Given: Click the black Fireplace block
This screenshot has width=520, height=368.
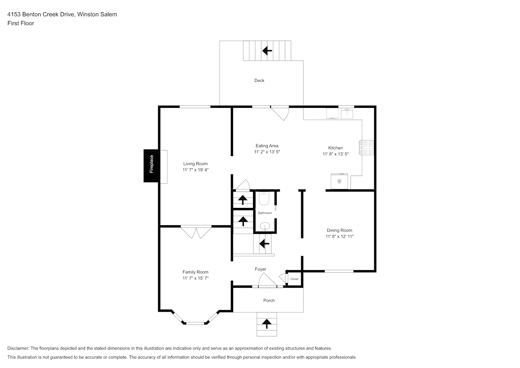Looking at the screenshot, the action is tap(152, 166).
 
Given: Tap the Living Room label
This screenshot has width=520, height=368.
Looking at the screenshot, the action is tap(195, 163).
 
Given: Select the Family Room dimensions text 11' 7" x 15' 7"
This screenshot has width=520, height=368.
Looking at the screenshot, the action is tap(196, 278).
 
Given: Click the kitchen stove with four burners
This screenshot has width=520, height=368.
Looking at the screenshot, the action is tap(367, 148).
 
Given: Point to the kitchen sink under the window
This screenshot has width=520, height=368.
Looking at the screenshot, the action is tap(347, 114).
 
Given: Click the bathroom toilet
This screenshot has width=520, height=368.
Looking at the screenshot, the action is tap(264, 198).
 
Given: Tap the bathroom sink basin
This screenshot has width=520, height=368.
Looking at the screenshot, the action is tap(265, 226).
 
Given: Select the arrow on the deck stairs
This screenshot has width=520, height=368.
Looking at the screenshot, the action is tap(267, 50).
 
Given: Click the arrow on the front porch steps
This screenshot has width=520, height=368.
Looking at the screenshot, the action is tap(267, 324).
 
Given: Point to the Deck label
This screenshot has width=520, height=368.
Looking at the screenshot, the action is tap(259, 80).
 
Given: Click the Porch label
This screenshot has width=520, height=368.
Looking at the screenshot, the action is tap(269, 300).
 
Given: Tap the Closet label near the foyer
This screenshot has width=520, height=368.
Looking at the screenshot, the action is tap(294, 279).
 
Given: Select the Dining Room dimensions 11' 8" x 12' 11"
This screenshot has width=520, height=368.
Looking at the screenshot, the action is tap(339, 236).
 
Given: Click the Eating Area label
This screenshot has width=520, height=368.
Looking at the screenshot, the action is tap(267, 146).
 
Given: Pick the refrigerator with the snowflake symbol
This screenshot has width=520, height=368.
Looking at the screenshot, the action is tap(339, 181).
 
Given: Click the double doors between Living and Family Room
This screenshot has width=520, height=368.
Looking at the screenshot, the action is tap(196, 231).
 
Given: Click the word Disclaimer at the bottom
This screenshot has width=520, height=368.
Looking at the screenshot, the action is tap(18, 348).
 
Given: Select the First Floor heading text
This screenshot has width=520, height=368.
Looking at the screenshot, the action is tap(21, 23).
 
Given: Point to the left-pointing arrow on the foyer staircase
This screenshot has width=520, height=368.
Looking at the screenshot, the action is tap(264, 244).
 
